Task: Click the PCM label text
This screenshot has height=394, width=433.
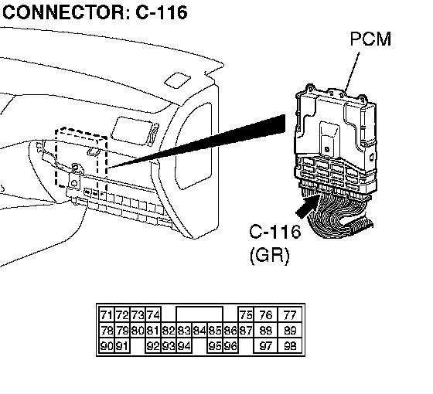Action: (x=370, y=39)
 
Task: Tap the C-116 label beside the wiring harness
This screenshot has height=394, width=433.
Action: (x=275, y=232)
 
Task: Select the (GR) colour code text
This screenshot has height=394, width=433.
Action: (x=270, y=255)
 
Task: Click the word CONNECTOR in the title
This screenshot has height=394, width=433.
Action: (x=64, y=12)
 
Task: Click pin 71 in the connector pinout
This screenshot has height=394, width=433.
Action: (x=107, y=315)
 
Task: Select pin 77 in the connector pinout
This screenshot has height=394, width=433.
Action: (x=290, y=315)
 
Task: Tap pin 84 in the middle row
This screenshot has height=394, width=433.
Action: (x=199, y=331)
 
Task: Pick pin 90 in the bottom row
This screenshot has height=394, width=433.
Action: (x=107, y=345)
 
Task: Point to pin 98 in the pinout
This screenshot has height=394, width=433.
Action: (x=290, y=345)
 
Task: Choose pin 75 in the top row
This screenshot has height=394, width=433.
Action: (x=246, y=315)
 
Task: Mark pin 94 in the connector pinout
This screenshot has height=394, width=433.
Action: (x=184, y=345)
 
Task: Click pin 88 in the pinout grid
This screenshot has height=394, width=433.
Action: (x=266, y=331)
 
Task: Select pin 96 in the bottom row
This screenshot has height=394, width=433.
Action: (x=230, y=345)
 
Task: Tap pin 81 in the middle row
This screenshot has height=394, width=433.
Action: (x=153, y=331)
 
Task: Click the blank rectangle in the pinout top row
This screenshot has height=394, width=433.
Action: (x=199, y=314)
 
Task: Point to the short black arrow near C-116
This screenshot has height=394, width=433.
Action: (x=307, y=206)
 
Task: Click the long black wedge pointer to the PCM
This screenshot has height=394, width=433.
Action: (x=196, y=141)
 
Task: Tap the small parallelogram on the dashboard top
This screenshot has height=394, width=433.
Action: (x=177, y=80)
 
